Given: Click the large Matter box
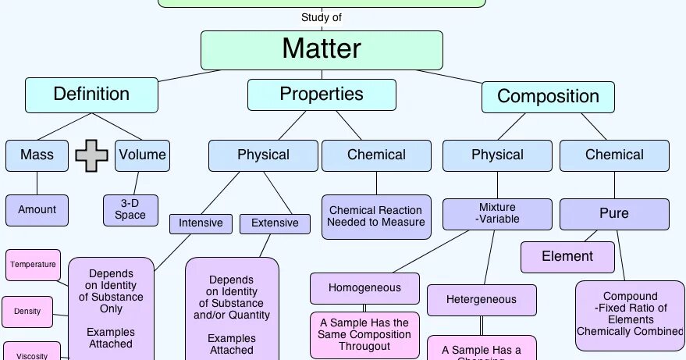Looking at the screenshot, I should tap(322, 50).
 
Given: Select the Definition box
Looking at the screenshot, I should tap(91, 94).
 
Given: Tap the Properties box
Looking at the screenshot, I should tap(322, 94).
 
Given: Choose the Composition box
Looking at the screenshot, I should tap(548, 97).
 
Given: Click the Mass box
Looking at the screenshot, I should tap(37, 155).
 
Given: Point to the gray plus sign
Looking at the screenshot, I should tap(91, 155).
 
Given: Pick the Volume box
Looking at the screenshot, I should tap(142, 155).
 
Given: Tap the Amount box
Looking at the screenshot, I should tap(37, 209).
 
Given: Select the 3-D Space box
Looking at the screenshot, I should tap(130, 209).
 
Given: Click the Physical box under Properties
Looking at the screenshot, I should tap(263, 155).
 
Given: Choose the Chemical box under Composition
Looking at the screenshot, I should tap(614, 155).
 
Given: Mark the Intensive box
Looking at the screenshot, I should tap(201, 223).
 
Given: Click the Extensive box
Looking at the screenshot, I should tap(275, 223).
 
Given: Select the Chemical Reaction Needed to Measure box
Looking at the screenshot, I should tap(376, 216).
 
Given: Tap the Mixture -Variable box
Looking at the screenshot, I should tap(497, 213).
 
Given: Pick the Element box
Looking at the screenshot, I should tap(567, 256).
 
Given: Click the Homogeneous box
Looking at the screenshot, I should tap(364, 287).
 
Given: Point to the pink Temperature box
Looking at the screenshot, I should tap(34, 265).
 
